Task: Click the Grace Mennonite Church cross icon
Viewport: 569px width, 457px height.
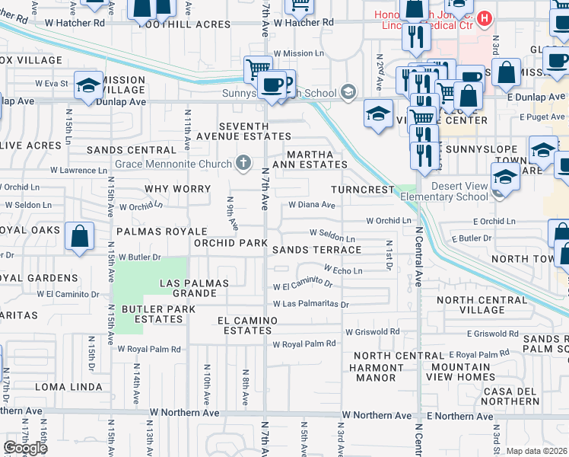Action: [x=243, y=162]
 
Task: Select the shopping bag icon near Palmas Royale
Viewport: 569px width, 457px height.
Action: [x=80, y=236]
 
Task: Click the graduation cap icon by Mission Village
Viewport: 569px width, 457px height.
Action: [x=88, y=85]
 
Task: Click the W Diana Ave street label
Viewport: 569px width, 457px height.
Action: [x=312, y=205]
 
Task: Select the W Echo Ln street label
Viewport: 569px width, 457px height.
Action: [x=342, y=270]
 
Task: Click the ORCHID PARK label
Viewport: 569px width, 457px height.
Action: [x=230, y=243]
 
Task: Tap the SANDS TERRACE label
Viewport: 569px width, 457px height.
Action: [x=316, y=250]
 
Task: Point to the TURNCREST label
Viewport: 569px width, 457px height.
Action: [x=363, y=189]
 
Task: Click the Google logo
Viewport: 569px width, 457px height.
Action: [x=25, y=447]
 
